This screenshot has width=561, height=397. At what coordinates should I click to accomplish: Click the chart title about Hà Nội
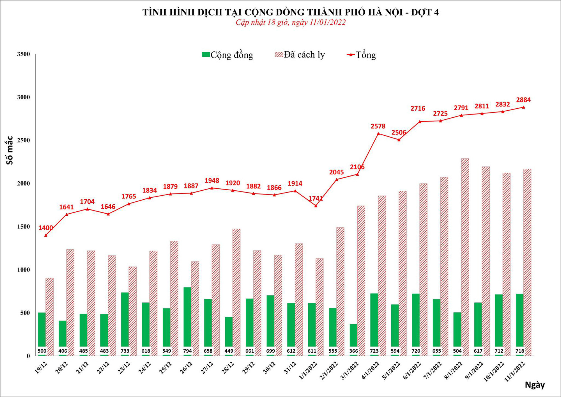290,12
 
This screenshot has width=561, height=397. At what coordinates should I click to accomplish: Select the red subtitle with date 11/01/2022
290,22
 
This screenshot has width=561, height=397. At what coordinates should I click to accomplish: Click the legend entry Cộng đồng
227,55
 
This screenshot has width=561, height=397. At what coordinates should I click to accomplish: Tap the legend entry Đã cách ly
300,54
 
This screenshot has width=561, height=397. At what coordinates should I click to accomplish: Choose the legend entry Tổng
362,55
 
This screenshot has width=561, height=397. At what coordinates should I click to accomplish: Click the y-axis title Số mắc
10,150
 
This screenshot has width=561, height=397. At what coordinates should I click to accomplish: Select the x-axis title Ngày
535,385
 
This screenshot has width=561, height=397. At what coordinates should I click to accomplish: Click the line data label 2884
523,100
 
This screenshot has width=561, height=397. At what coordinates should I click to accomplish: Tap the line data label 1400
45,228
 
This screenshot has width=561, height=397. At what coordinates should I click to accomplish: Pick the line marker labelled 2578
378,134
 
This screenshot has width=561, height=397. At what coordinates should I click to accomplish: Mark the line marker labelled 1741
316,206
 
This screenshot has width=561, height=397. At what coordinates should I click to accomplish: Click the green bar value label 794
187,351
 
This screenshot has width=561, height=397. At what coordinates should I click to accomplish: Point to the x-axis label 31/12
290,368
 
